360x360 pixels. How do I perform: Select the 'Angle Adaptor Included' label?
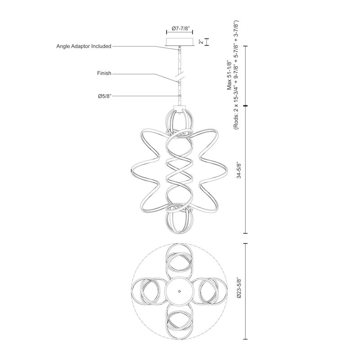click(84, 46)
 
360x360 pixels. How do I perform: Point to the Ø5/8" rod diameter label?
click(103, 95)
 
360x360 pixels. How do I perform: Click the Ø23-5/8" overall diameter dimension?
click(239, 291)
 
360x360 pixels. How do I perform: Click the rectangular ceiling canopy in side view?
click(180, 42)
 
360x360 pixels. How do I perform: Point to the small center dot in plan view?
click(180, 291)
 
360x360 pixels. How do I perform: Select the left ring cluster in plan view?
click(148, 291)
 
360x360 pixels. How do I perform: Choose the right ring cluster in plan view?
click(211, 291)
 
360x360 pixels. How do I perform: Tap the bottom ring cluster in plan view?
click(180, 322)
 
